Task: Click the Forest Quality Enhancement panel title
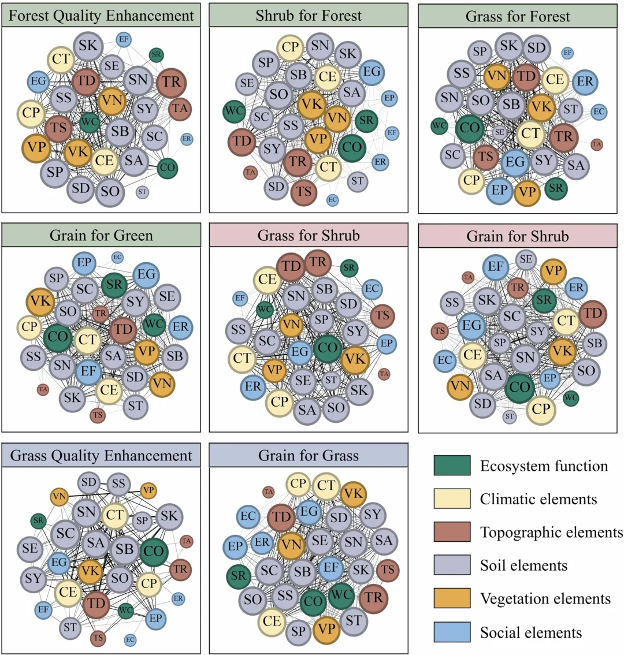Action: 101,16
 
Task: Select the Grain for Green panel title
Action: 101,236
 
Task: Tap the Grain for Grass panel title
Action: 309,456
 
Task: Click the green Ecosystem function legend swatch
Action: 452,466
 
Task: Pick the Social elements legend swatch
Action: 452,632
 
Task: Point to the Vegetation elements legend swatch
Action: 452,599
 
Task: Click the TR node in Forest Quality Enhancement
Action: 171,82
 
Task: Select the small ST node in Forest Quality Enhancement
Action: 142,192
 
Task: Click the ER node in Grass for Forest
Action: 585,81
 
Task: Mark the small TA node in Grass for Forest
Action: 597,144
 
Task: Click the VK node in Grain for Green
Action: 40,301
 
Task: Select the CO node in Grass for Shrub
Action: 328,348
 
